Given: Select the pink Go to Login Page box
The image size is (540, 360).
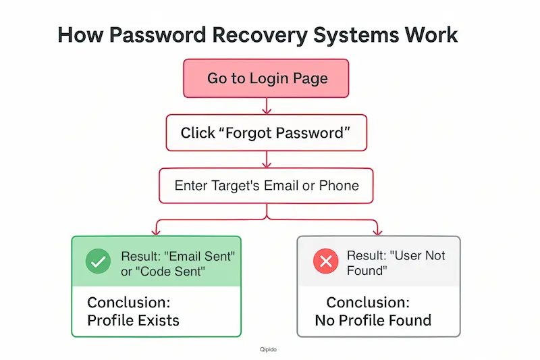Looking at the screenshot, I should [x=267, y=78].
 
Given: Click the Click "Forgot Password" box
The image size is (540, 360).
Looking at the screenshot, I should [x=267, y=132].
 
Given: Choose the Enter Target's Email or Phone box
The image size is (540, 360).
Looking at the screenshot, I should [x=267, y=185].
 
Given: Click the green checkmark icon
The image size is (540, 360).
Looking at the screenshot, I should [x=99, y=261].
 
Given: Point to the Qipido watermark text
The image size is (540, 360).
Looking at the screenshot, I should [x=269, y=350].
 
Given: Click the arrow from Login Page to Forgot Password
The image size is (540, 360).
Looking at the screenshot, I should [x=267, y=105].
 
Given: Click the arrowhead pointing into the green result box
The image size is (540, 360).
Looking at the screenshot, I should [x=156, y=230].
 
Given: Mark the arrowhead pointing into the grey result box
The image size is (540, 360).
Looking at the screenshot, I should [x=378, y=230].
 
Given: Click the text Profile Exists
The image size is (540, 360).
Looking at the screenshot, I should [x=133, y=319].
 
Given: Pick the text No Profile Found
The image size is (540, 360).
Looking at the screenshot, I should [x=373, y=319].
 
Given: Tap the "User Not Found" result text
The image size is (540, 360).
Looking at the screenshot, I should [x=396, y=263].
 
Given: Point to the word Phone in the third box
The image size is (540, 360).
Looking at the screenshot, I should [x=339, y=185].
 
